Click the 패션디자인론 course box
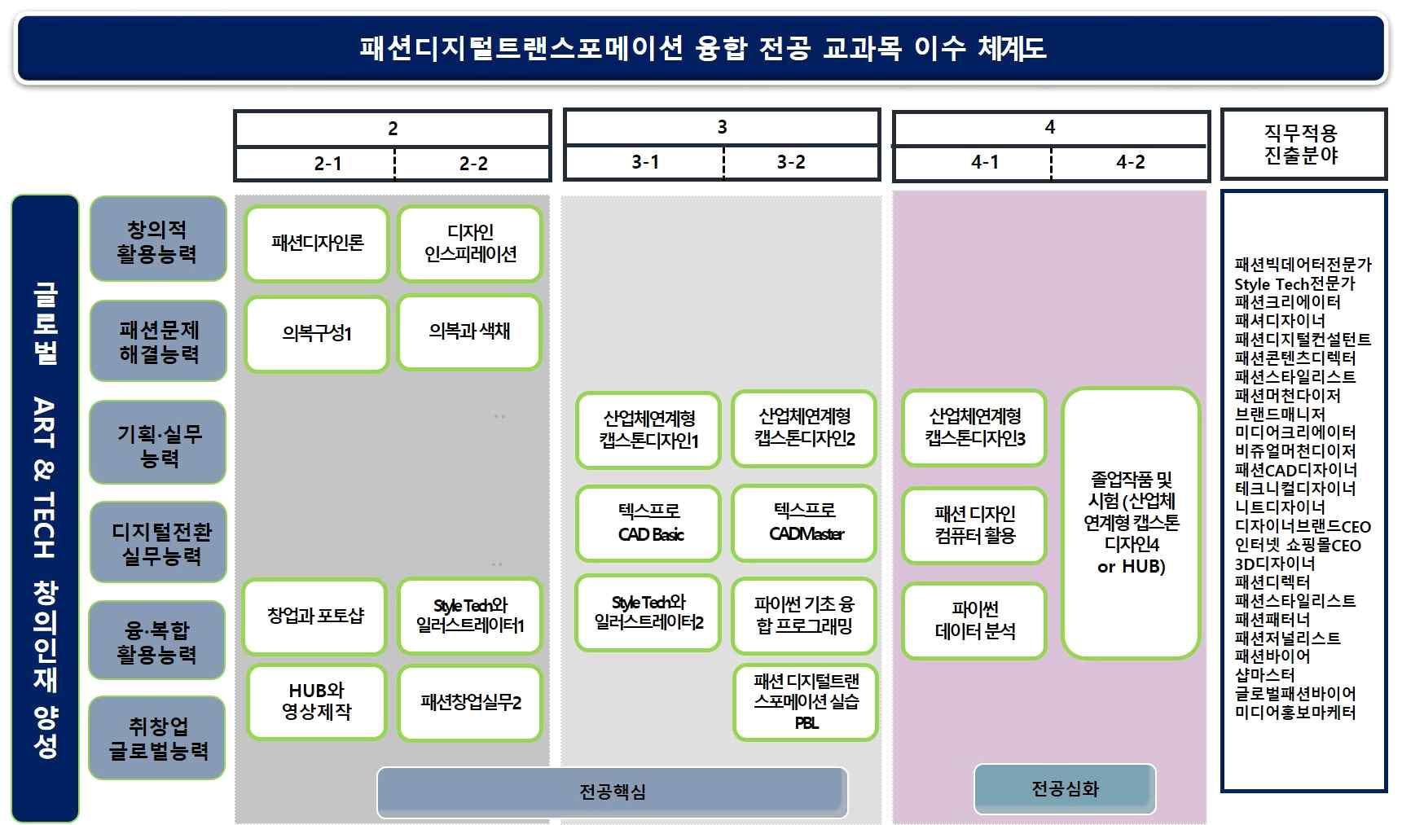click(317, 243)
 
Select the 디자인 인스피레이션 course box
click(470, 243)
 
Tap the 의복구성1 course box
click(317, 333)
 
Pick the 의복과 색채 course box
click(470, 331)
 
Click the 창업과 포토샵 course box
click(315, 616)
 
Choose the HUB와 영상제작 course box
click(317, 701)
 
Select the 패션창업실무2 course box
click(470, 702)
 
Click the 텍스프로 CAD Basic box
click(649, 523)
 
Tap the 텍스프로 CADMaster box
click(805, 522)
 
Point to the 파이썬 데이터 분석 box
click(975, 620)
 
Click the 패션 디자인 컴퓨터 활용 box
click(975, 524)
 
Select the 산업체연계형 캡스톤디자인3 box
click(975, 428)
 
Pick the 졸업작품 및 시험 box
click(1132, 522)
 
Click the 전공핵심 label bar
click(612, 792)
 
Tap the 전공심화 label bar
click(1065, 788)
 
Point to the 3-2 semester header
click(791, 162)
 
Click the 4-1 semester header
click(985, 162)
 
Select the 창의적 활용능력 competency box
click(157, 240)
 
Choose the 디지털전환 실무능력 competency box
click(160, 543)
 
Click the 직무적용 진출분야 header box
click(1302, 144)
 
